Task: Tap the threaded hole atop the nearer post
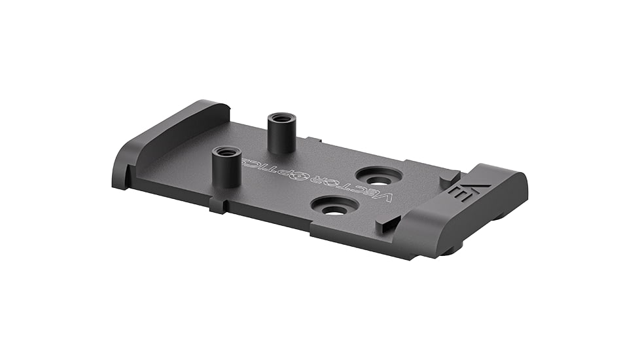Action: [x=226, y=152]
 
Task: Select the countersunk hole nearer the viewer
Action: [x=334, y=207]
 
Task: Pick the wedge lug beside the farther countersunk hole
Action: [x=448, y=177]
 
